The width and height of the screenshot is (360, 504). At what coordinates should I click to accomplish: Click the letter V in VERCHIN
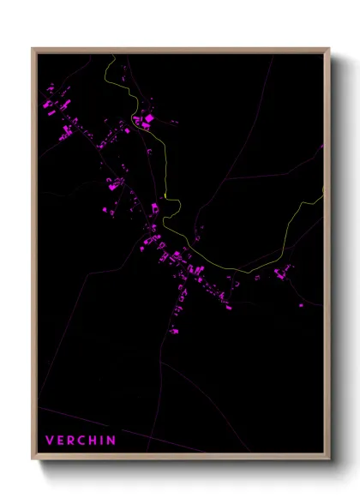pyautogui.click(x=49, y=441)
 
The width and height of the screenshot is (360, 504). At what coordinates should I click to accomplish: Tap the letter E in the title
pyautogui.click(x=60, y=441)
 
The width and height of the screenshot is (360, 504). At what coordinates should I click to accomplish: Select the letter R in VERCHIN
pyautogui.click(x=70, y=441)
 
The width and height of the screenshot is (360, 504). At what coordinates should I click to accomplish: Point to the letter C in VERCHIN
pyautogui.click(x=81, y=441)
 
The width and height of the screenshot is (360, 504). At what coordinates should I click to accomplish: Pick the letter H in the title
pyautogui.click(x=93, y=441)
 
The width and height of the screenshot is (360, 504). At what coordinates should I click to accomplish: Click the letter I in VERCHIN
pyautogui.click(x=102, y=441)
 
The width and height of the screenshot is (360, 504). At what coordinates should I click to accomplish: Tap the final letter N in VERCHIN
pyautogui.click(x=111, y=441)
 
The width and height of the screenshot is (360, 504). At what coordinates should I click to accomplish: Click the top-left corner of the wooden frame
pyautogui.click(x=33, y=48)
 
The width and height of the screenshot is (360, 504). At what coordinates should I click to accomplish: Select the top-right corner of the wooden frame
pyautogui.click(x=329, y=48)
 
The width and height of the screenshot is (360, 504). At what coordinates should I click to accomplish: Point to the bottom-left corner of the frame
pyautogui.click(x=33, y=460)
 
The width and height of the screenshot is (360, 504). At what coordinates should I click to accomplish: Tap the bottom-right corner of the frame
pyautogui.click(x=329, y=460)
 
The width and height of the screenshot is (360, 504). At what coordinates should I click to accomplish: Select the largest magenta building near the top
pyautogui.click(x=148, y=117)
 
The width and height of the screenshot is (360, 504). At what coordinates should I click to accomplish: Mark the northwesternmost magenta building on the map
pyautogui.click(x=51, y=87)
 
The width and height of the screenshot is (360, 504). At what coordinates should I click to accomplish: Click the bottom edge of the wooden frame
pyautogui.click(x=181, y=459)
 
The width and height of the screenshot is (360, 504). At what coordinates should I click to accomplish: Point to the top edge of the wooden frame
pyautogui.click(x=181, y=50)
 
